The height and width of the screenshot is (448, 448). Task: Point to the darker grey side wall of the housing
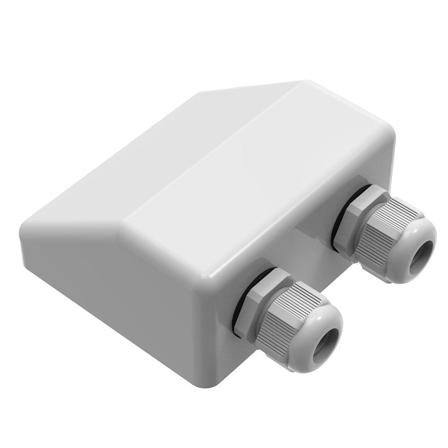coord(112,287)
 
